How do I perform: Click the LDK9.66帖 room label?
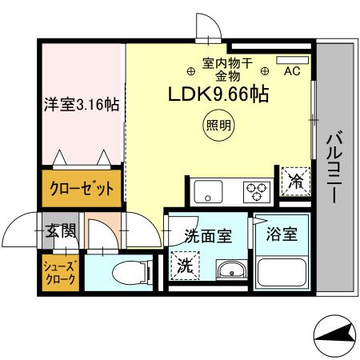(x=217, y=94)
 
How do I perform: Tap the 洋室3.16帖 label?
(x=82, y=105)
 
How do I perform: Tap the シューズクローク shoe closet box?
(x=61, y=272)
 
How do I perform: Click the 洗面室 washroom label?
(x=207, y=236)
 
